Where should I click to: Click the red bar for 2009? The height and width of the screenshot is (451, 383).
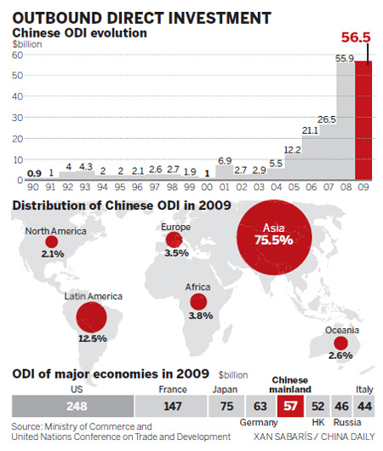[x=363, y=120]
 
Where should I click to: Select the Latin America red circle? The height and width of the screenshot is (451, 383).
[x=91, y=320]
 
